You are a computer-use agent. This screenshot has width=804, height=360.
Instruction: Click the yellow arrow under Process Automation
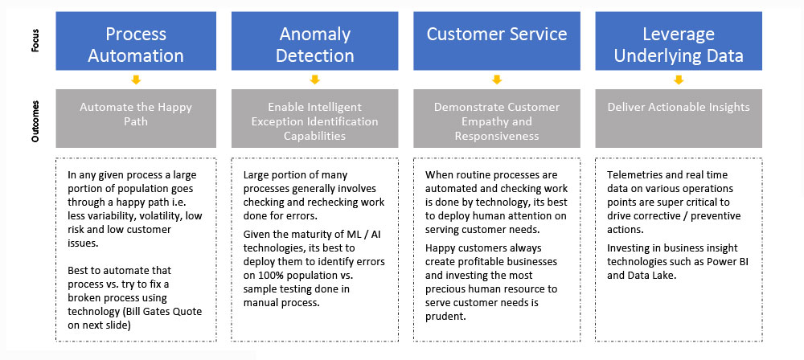(136, 80)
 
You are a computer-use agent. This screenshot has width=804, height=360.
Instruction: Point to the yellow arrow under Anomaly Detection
(315, 80)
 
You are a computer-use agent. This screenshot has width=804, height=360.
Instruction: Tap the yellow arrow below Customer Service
(497, 80)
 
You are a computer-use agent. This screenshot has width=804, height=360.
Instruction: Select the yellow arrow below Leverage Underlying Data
(679, 80)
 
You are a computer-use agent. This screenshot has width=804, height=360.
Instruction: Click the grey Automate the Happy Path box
(135, 114)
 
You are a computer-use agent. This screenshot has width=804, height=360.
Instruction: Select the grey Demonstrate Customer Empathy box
(497, 121)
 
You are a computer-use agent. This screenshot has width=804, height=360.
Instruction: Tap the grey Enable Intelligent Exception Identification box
(315, 121)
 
